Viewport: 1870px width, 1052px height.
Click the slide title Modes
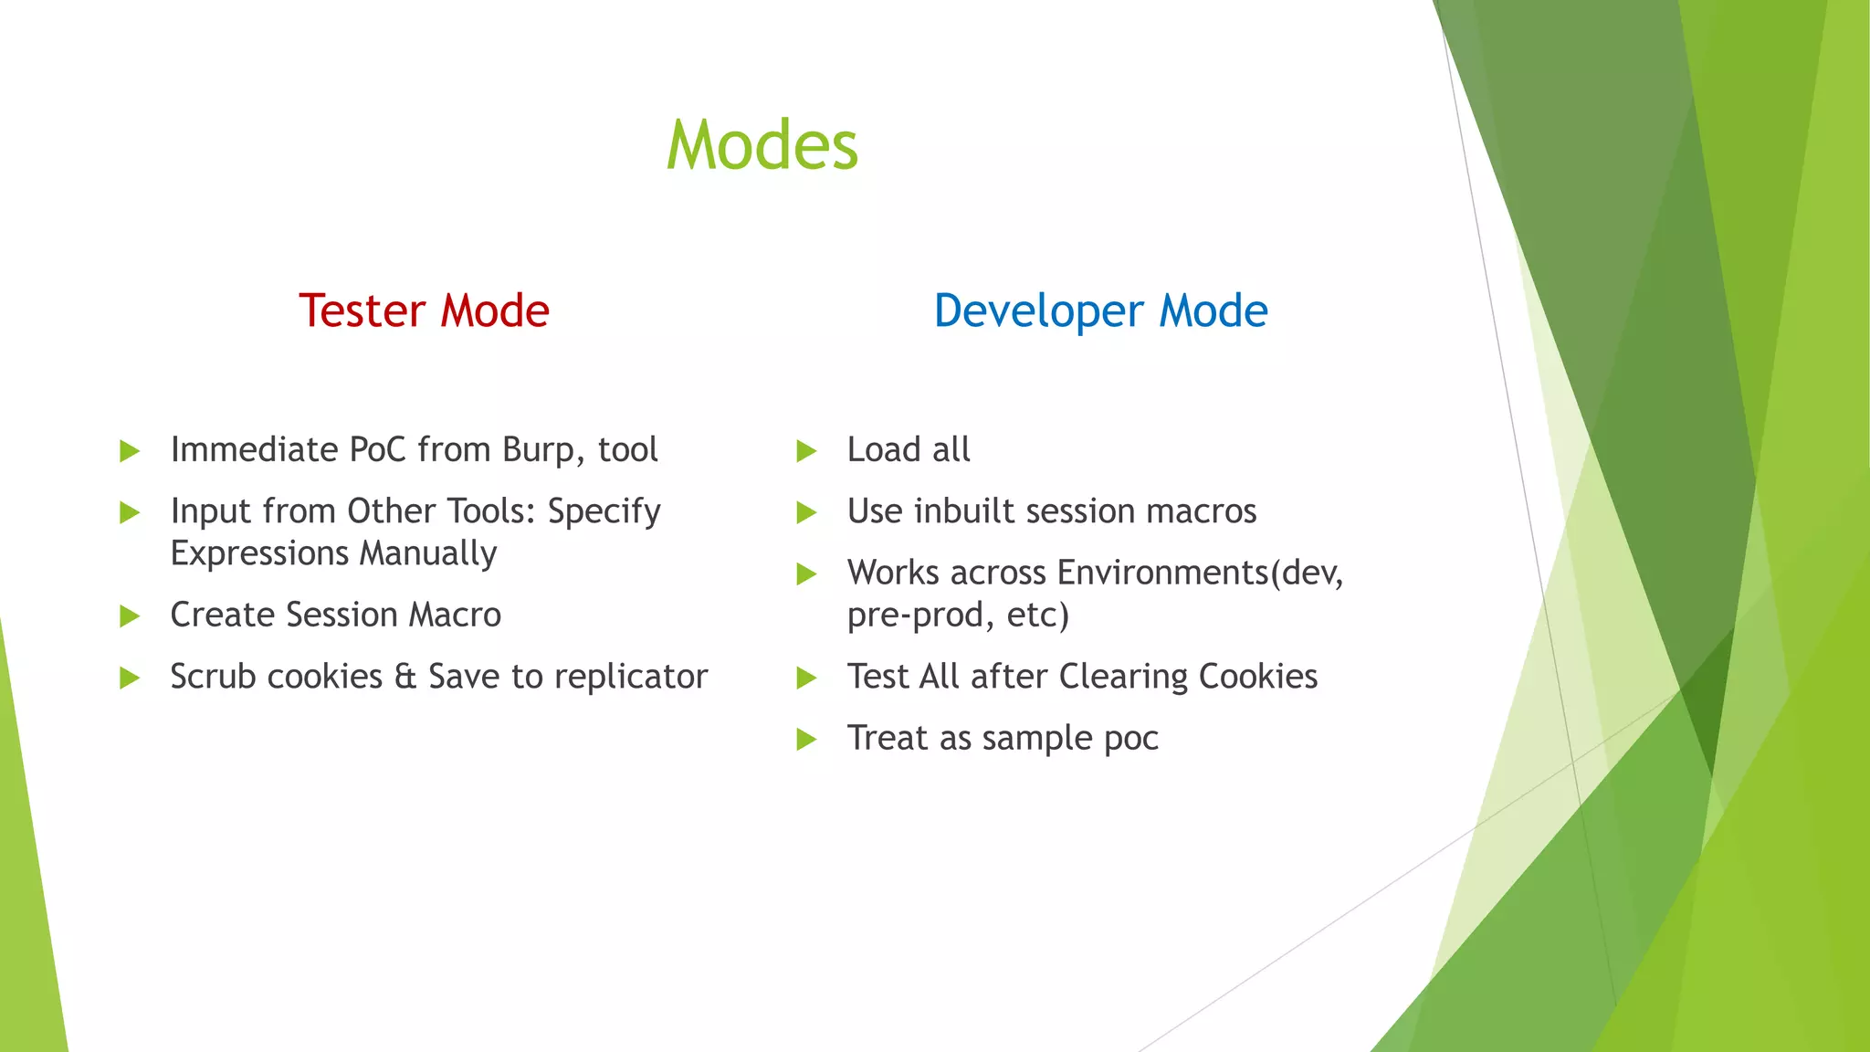click(762, 146)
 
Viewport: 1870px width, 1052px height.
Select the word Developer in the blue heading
click(1038, 311)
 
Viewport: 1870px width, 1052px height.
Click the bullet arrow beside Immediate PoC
click(130, 451)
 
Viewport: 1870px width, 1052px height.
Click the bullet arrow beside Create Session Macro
click(130, 616)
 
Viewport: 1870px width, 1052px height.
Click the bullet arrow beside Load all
click(806, 451)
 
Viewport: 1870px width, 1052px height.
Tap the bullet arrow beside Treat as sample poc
click(806, 739)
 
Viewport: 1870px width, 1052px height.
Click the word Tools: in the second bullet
click(490, 511)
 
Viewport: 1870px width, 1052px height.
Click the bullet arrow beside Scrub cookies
click(130, 678)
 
